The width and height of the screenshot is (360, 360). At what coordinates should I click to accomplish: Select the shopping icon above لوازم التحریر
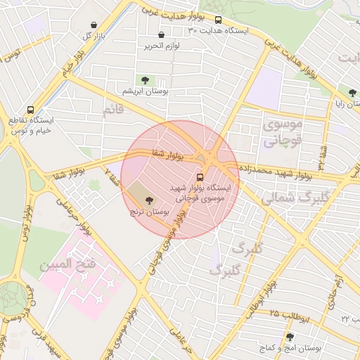[x=162, y=34]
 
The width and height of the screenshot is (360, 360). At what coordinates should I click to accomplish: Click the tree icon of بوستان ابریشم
[x=145, y=80]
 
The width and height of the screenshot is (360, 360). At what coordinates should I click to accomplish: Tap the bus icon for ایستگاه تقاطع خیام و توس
[x=30, y=110]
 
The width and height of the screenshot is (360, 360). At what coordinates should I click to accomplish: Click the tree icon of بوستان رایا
[x=352, y=91]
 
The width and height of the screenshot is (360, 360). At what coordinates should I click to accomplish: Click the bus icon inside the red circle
[x=200, y=176]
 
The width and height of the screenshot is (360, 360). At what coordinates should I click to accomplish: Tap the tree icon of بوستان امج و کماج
[x=290, y=337]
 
